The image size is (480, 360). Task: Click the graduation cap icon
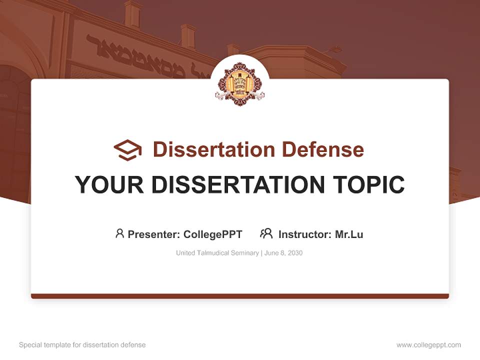(127, 150)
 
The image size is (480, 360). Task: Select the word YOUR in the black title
(109, 184)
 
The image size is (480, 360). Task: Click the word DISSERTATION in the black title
(235, 184)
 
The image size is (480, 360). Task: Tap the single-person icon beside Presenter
(119, 233)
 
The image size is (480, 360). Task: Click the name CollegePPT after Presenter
(213, 234)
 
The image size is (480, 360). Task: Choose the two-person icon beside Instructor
(266, 233)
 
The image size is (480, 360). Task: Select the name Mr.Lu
(349, 234)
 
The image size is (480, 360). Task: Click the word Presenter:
(154, 234)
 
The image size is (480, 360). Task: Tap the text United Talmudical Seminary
(217, 253)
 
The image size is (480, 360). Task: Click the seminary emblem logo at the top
(239, 83)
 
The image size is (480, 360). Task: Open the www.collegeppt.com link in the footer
(428, 345)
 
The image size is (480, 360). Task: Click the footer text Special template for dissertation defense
(82, 345)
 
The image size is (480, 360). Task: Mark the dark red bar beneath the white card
(240, 296)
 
